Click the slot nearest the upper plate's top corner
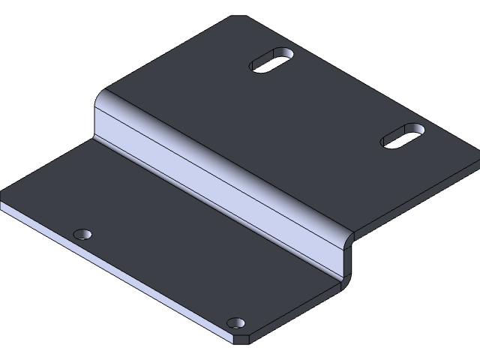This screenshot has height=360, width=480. point(272,61)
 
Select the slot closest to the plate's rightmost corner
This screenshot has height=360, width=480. point(403,135)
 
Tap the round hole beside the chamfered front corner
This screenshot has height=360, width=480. point(236,323)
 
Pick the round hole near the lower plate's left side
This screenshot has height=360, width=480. point(83,234)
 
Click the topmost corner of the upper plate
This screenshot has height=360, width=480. point(238,16)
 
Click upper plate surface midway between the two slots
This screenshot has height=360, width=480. point(337,97)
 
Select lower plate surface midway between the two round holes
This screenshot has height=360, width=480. point(160,278)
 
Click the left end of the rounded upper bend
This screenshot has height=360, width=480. point(102,96)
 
